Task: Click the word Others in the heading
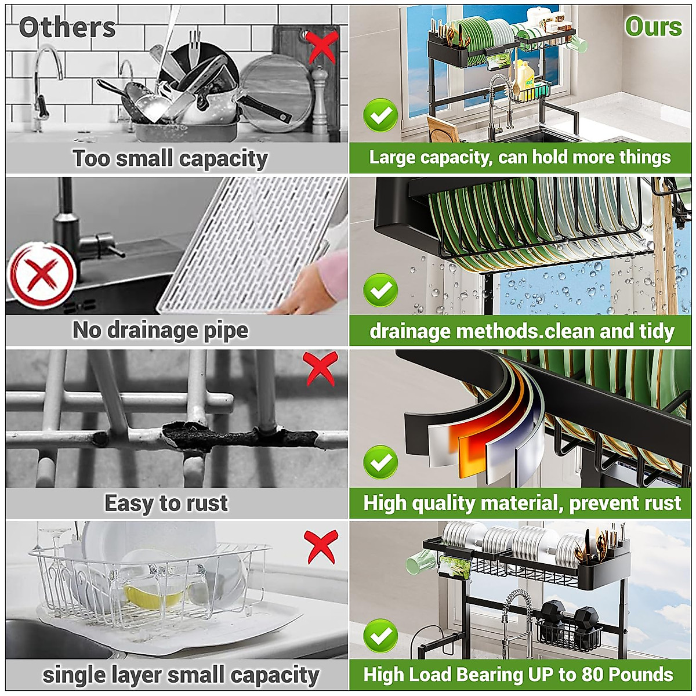click(x=67, y=27)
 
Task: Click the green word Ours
click(x=653, y=27)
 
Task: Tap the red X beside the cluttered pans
click(x=322, y=46)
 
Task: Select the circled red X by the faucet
click(x=41, y=274)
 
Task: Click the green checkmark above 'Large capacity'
click(x=380, y=115)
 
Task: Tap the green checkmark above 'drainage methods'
click(x=380, y=290)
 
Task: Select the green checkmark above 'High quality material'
click(x=380, y=462)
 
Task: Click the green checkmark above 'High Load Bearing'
click(x=380, y=636)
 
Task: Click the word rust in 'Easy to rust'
click(x=203, y=503)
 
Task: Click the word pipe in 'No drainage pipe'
click(x=226, y=331)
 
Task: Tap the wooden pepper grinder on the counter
click(x=320, y=99)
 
